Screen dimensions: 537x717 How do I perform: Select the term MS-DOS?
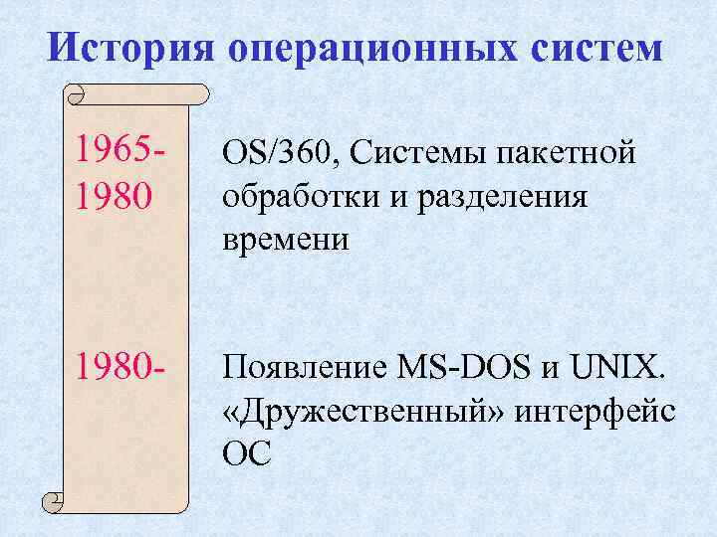click(465, 370)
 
